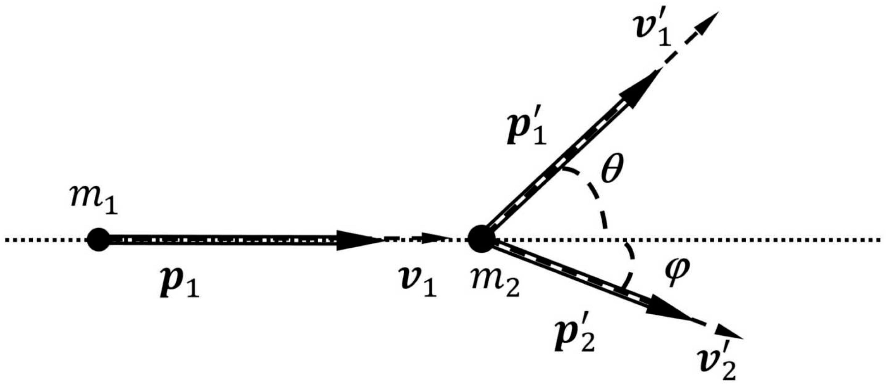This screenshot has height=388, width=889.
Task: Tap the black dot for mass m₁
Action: click(x=98, y=239)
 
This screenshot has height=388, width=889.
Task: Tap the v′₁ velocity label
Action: click(x=654, y=34)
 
